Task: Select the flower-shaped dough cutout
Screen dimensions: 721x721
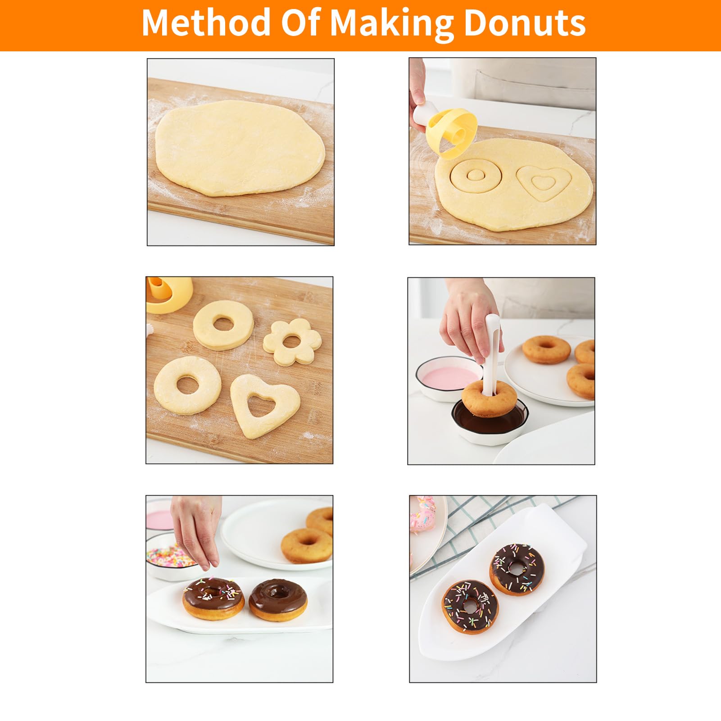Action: [x=293, y=341]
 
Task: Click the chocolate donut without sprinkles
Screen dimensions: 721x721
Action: [x=278, y=599]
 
